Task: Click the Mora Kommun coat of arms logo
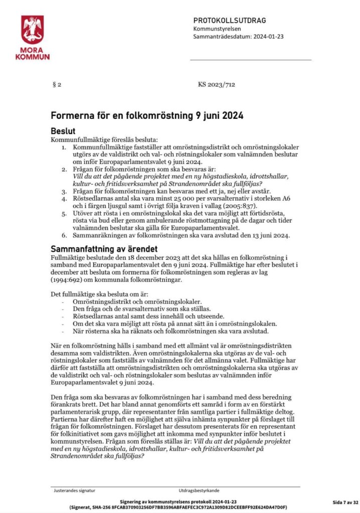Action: tap(32, 30)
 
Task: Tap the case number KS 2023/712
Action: tap(216, 85)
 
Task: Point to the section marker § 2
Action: tap(57, 85)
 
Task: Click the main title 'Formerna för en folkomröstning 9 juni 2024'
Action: tap(147, 116)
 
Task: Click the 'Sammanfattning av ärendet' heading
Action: tap(104, 249)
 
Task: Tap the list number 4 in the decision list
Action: tap(64, 199)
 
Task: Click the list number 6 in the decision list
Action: tap(64, 235)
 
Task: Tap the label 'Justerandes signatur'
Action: tap(74, 490)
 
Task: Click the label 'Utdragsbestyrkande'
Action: tap(199, 490)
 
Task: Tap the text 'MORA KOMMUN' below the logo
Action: tap(32, 54)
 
